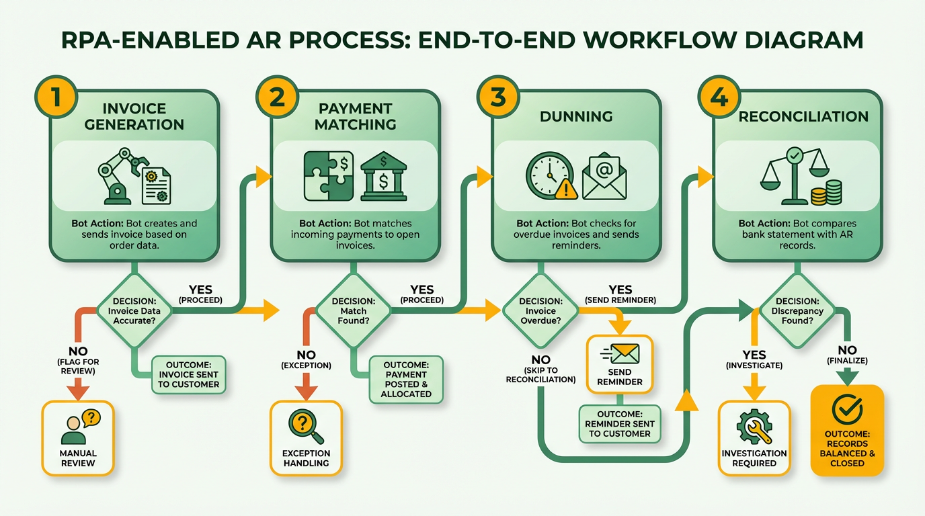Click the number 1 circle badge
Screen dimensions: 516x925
click(55, 96)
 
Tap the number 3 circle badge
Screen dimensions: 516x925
click(497, 96)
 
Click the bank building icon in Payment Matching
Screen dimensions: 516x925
click(383, 176)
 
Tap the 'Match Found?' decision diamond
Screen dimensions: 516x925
click(354, 311)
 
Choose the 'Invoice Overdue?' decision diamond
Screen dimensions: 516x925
click(541, 311)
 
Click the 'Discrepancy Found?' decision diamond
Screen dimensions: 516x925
click(797, 311)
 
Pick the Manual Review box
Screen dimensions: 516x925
click(78, 438)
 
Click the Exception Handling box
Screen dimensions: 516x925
click(306, 438)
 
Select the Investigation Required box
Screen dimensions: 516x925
click(754, 438)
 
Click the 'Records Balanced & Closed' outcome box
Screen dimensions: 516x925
click(847, 430)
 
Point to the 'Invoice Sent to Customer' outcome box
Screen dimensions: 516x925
click(188, 374)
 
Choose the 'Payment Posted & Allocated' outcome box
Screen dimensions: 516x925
click(406, 379)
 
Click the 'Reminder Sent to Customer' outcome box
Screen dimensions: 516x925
click(620, 424)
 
